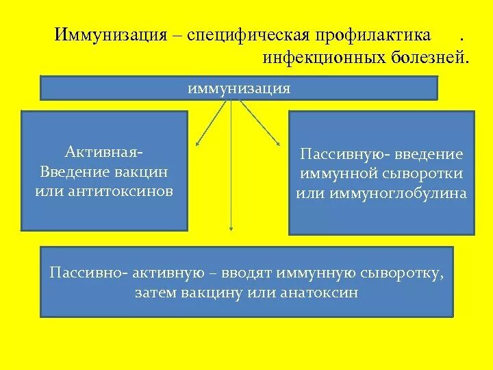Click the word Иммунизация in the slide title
(111, 34)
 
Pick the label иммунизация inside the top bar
(239, 88)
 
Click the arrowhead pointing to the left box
(197, 144)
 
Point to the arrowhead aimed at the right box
(278, 143)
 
